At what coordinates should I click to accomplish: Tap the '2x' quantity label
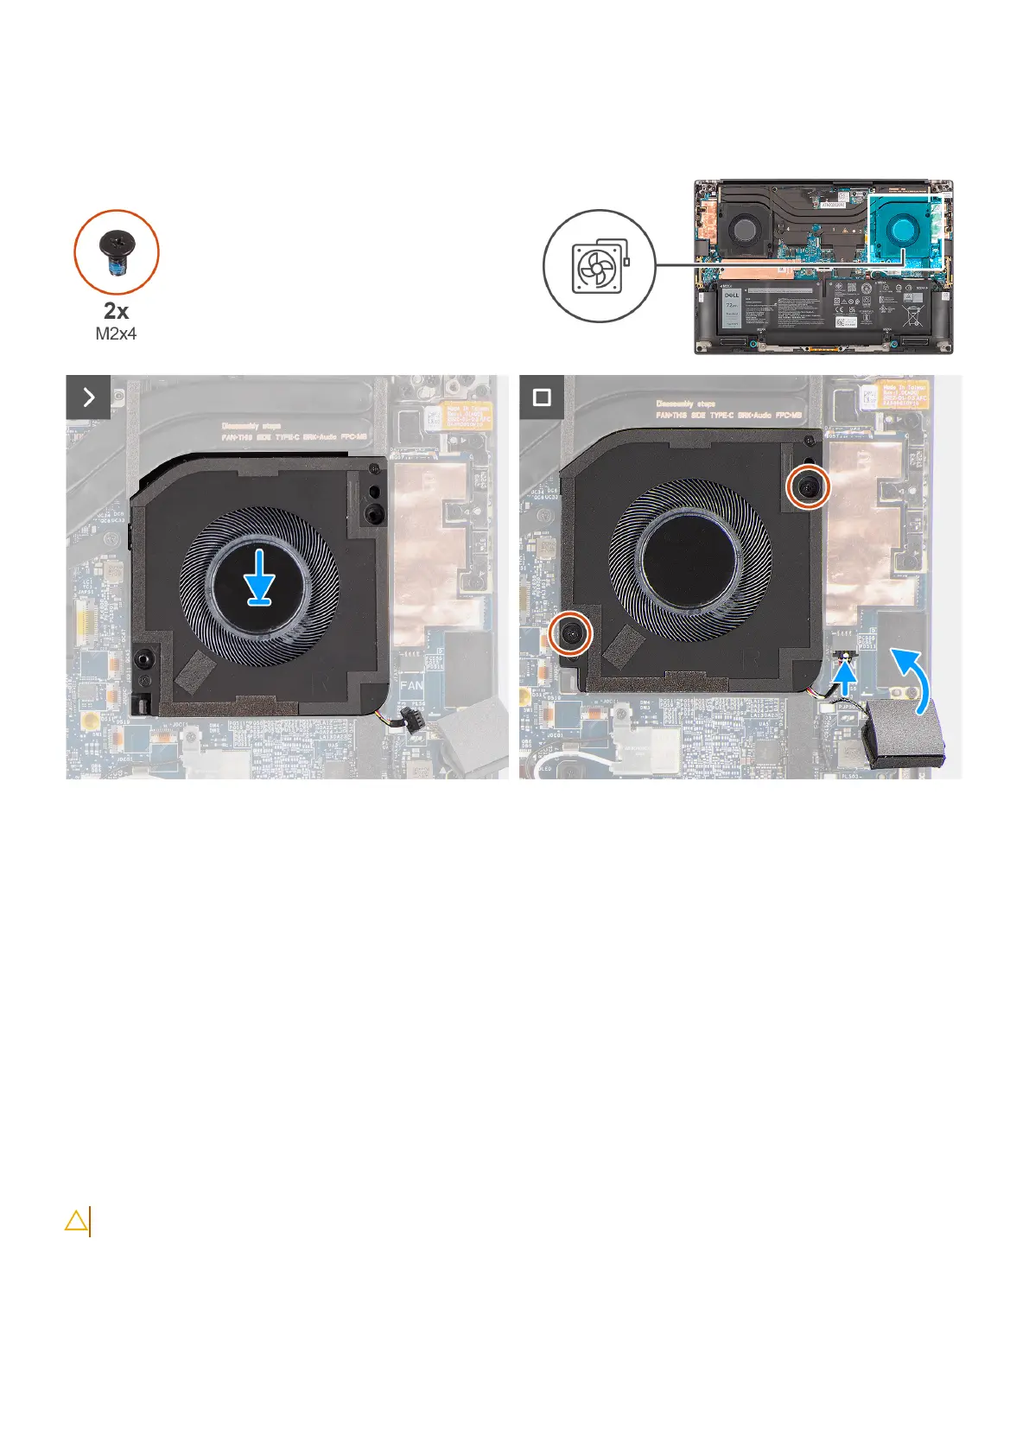coord(116,311)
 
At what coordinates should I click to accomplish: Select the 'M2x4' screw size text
coord(116,334)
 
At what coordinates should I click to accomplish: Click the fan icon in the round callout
coord(599,266)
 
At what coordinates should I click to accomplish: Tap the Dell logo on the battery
coord(731,295)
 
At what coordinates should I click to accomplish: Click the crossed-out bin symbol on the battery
coord(912,317)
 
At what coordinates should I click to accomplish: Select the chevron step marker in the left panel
coord(88,397)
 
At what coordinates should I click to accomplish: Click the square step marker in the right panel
coord(542,397)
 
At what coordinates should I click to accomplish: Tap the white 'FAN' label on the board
coord(412,685)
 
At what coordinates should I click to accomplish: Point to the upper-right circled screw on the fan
coord(808,488)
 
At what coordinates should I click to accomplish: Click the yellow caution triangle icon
coord(76,1221)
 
